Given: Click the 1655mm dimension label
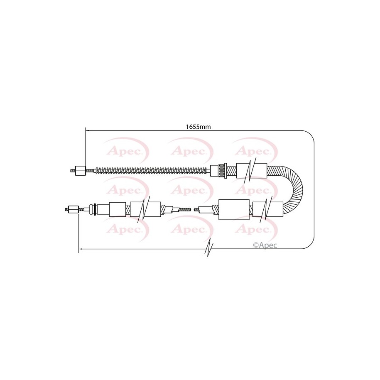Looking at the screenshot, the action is click(x=198, y=127).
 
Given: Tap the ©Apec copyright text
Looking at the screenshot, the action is click(x=265, y=245).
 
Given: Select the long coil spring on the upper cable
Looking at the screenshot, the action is click(x=153, y=171).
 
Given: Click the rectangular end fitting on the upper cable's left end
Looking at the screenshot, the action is click(x=81, y=171).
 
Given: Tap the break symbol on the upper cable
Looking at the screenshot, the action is click(x=250, y=171).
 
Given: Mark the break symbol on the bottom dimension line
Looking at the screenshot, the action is click(x=209, y=249).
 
